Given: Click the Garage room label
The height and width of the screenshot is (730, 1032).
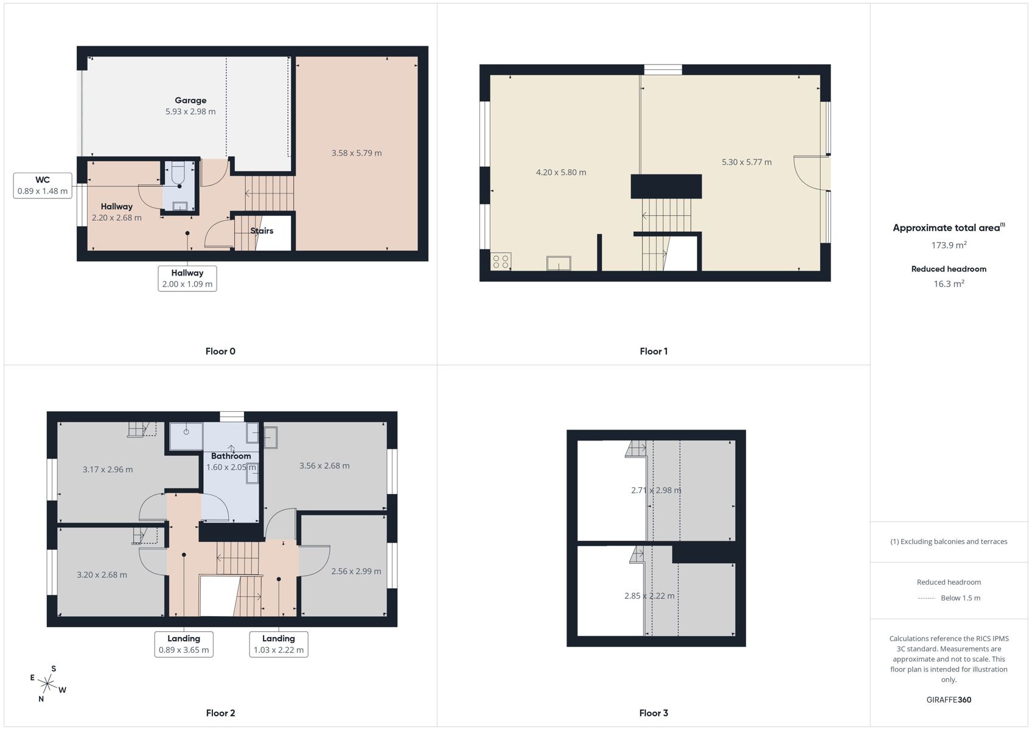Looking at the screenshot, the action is (x=190, y=100).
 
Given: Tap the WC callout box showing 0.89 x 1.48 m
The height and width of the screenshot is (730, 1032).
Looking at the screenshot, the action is (x=43, y=186).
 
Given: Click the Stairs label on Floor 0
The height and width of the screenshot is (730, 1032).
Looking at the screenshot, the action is (x=262, y=231).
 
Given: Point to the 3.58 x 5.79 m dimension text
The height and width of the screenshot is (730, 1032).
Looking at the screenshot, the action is (x=357, y=153).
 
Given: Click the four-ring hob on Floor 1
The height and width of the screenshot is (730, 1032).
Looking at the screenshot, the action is (x=501, y=262).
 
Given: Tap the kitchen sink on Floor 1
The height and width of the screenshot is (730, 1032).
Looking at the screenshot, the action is (x=559, y=263).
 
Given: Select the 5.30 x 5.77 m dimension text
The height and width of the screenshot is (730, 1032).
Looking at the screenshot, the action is (x=747, y=162).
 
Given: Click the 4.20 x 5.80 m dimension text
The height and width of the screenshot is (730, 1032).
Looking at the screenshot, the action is (x=560, y=172).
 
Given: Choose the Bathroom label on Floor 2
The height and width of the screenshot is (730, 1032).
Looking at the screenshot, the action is (x=231, y=456).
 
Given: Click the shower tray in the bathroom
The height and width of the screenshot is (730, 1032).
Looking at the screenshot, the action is (x=186, y=436).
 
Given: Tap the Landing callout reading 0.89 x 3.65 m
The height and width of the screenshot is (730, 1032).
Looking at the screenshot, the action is (x=184, y=644).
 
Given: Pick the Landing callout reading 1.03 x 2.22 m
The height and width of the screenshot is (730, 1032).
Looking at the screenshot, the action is (x=279, y=644).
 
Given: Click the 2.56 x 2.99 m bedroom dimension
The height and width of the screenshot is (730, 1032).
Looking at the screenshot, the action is (x=356, y=571).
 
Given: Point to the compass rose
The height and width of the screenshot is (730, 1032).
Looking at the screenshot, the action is (x=47, y=684).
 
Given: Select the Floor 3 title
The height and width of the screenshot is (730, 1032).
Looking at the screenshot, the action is (x=654, y=713).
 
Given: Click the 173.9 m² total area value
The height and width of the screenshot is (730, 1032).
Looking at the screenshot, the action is (x=949, y=245).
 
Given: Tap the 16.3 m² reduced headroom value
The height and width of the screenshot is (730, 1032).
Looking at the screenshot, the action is (x=949, y=283).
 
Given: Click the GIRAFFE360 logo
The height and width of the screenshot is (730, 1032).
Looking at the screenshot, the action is (x=949, y=700).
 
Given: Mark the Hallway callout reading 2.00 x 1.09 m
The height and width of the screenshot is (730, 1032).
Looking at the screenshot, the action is (x=187, y=278).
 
